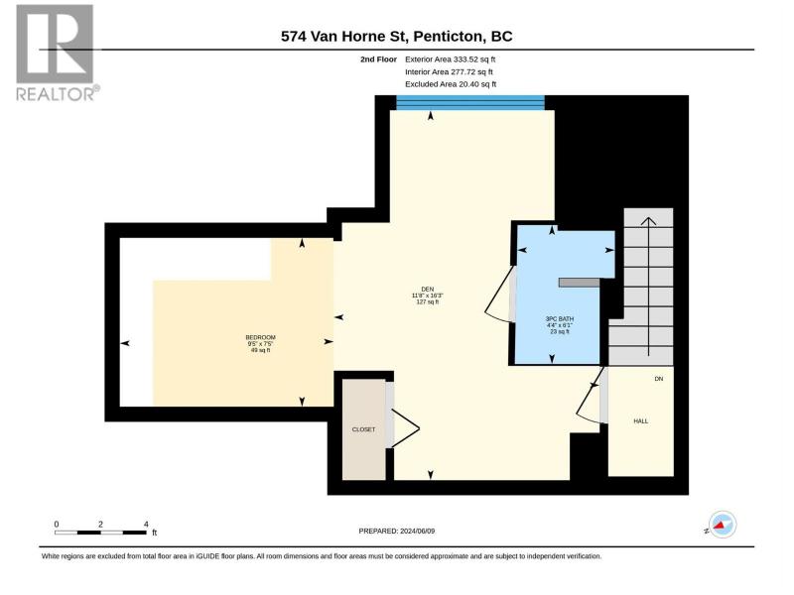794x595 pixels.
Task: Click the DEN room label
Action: pos(428,290)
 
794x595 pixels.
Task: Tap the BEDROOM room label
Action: pos(260,337)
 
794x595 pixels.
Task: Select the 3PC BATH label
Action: pos(560,319)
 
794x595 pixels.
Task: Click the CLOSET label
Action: pos(363,429)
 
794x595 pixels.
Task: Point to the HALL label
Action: pos(640,420)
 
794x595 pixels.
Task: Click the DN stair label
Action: pos(658,379)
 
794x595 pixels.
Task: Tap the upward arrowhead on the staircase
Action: pos(649,221)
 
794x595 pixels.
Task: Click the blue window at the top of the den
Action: pos(469,103)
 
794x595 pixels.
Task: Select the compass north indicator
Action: pos(722,526)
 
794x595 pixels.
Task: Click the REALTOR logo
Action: pos(57,53)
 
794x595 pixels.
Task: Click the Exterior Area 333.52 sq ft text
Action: pos(451,59)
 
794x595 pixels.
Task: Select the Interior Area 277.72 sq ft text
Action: pos(449,71)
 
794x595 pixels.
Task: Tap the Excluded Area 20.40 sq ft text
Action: pos(451,84)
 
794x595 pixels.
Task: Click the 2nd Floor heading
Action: pos(378,59)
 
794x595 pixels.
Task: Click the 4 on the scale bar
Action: pos(146,525)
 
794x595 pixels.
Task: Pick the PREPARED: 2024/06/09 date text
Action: pos(396,531)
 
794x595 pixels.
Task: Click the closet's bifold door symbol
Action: pos(405,428)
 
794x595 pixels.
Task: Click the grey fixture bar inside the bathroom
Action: pos(579,283)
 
